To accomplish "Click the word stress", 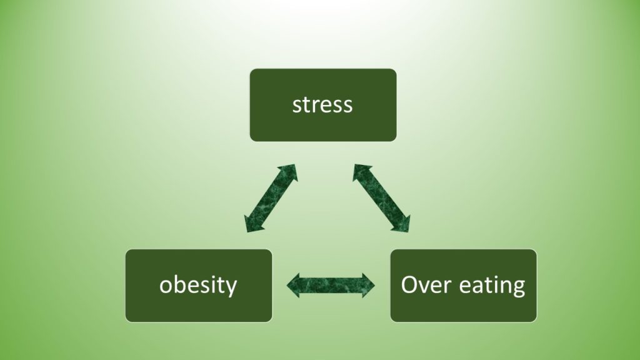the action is tap(322, 105).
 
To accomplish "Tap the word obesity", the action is tap(198, 284).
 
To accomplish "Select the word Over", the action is tap(426, 284).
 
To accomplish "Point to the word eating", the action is tap(492, 285).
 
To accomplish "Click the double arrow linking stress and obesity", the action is tap(271, 198).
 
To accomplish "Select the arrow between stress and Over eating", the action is tap(382, 198).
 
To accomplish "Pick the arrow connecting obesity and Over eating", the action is tap(331, 285).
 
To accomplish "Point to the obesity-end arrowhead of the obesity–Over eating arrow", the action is tap(294, 285).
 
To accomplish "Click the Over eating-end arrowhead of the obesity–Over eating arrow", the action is tap(368, 285).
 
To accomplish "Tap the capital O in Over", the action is tap(409, 285).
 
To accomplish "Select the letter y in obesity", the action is tap(231, 287).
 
